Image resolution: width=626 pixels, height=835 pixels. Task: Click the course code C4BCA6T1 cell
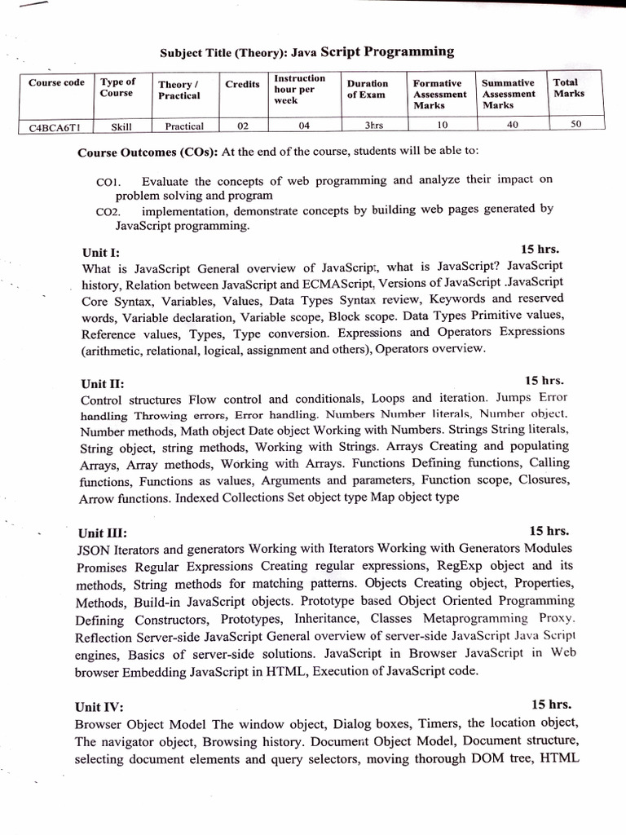[x=56, y=126]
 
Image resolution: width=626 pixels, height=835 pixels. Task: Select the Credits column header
[x=242, y=85]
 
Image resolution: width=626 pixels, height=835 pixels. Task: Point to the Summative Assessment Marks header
[x=509, y=94]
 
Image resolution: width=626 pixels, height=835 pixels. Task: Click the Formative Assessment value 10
[x=442, y=126]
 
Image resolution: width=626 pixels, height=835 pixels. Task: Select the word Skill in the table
[x=118, y=126]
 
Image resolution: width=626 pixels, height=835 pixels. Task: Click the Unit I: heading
[x=101, y=253]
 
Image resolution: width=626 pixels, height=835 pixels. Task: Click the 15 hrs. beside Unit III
[x=549, y=529]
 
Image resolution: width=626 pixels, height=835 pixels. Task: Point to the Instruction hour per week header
[x=299, y=89]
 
